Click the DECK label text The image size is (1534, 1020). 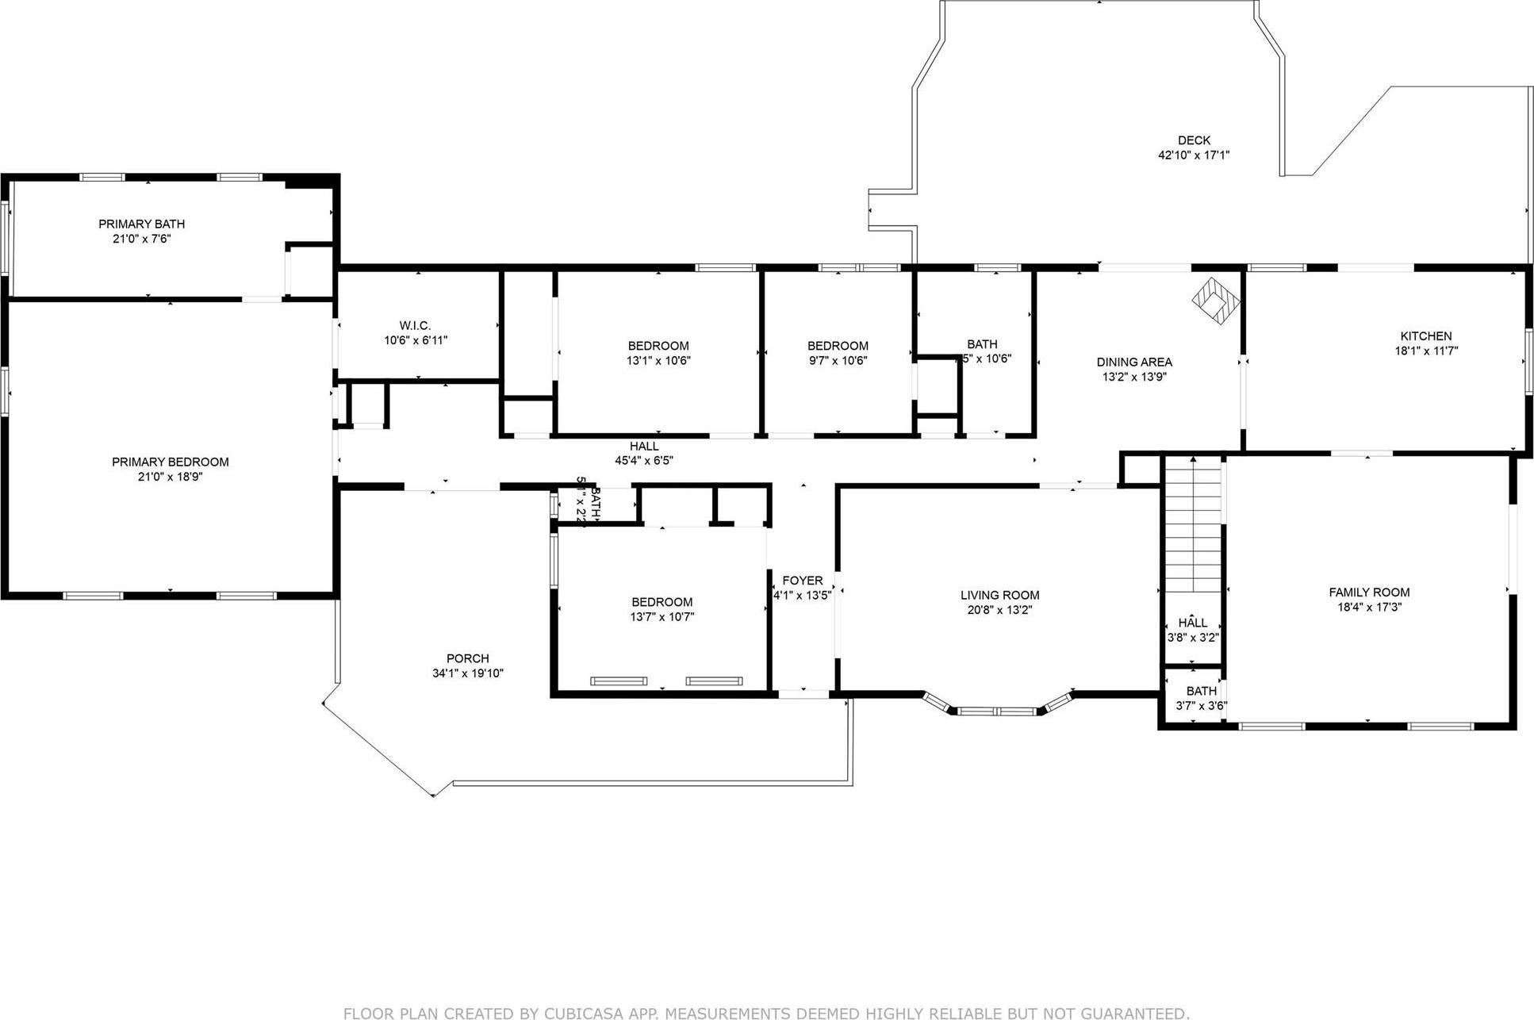pos(1193,140)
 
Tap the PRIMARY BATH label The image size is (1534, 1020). pos(141,224)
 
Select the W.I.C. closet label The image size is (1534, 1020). pos(415,326)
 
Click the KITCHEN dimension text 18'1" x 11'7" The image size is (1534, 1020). pos(1426,351)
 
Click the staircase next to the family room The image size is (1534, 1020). pos(1192,523)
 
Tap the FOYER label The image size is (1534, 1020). pos(802,581)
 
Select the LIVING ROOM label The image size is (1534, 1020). pos(999,595)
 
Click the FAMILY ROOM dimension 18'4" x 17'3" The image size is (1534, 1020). pos(1369,608)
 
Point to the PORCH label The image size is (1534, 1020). pos(467,658)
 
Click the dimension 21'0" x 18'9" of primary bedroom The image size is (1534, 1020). pos(170,477)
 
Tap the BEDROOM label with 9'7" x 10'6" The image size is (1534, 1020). pos(838,346)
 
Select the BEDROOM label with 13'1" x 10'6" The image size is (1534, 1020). pos(658,346)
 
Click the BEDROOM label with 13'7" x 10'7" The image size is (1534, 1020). pos(662,602)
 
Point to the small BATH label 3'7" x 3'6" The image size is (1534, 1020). pos(1201,692)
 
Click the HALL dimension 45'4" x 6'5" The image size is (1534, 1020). pos(644,460)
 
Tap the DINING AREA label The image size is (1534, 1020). pos(1133,362)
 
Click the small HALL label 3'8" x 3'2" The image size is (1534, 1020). pos(1192,623)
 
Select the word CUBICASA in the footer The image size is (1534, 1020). pos(583,1013)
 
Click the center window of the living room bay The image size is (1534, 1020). pos(996,711)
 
